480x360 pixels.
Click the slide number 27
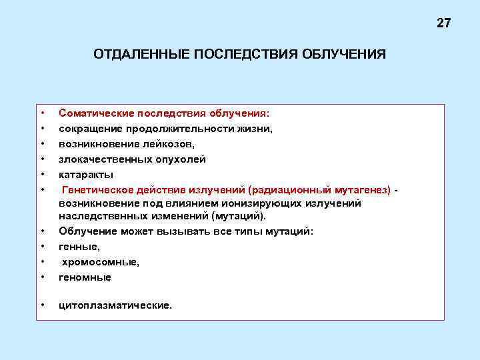coord(444,23)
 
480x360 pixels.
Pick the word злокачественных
coord(99,159)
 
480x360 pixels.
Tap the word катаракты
coord(81,175)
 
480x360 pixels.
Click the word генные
coord(77,247)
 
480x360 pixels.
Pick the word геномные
coord(85,277)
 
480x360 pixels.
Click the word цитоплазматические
coord(115,306)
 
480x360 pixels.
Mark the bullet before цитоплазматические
coord(42,305)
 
